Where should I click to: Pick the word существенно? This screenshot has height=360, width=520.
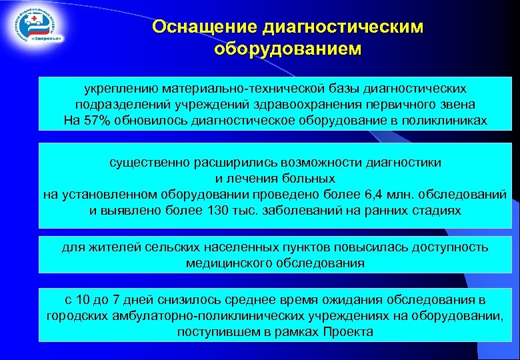147,162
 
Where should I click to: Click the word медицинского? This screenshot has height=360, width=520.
227,263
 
